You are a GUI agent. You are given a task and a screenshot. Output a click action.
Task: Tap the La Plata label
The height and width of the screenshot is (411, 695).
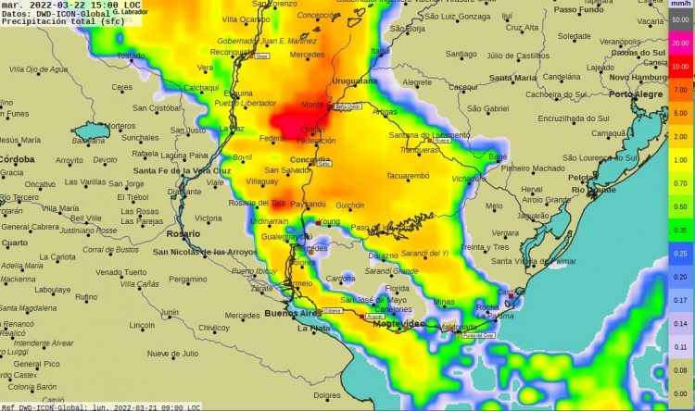tap(313, 329)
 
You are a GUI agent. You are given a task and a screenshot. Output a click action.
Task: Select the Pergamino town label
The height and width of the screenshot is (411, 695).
tap(188, 279)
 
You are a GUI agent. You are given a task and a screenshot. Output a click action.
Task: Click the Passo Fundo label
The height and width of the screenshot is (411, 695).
tap(579, 9)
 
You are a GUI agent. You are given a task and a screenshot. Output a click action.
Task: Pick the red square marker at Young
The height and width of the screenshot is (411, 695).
tap(318, 222)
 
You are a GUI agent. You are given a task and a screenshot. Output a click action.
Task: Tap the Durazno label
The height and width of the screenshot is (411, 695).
tap(383, 255)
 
